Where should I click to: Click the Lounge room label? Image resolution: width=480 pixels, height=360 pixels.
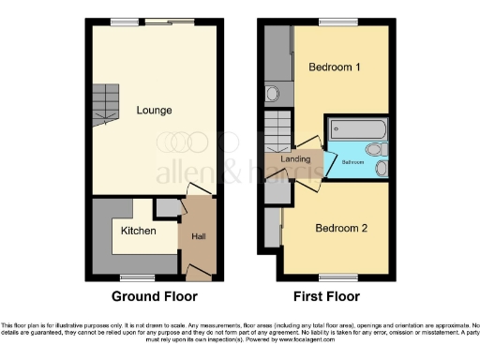click(x=154, y=111)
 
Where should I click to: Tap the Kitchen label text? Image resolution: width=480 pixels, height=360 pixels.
click(x=138, y=229)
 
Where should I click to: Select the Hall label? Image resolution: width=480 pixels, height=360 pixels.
click(x=199, y=237)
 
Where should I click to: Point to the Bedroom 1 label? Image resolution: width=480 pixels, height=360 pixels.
click(x=335, y=67)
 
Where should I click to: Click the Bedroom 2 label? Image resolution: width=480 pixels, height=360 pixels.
click(x=340, y=228)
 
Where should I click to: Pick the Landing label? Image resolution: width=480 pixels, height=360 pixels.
click(x=296, y=160)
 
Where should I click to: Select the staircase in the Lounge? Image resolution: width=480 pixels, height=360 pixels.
click(x=106, y=103)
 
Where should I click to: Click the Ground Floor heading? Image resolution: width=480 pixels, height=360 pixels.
click(x=155, y=296)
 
